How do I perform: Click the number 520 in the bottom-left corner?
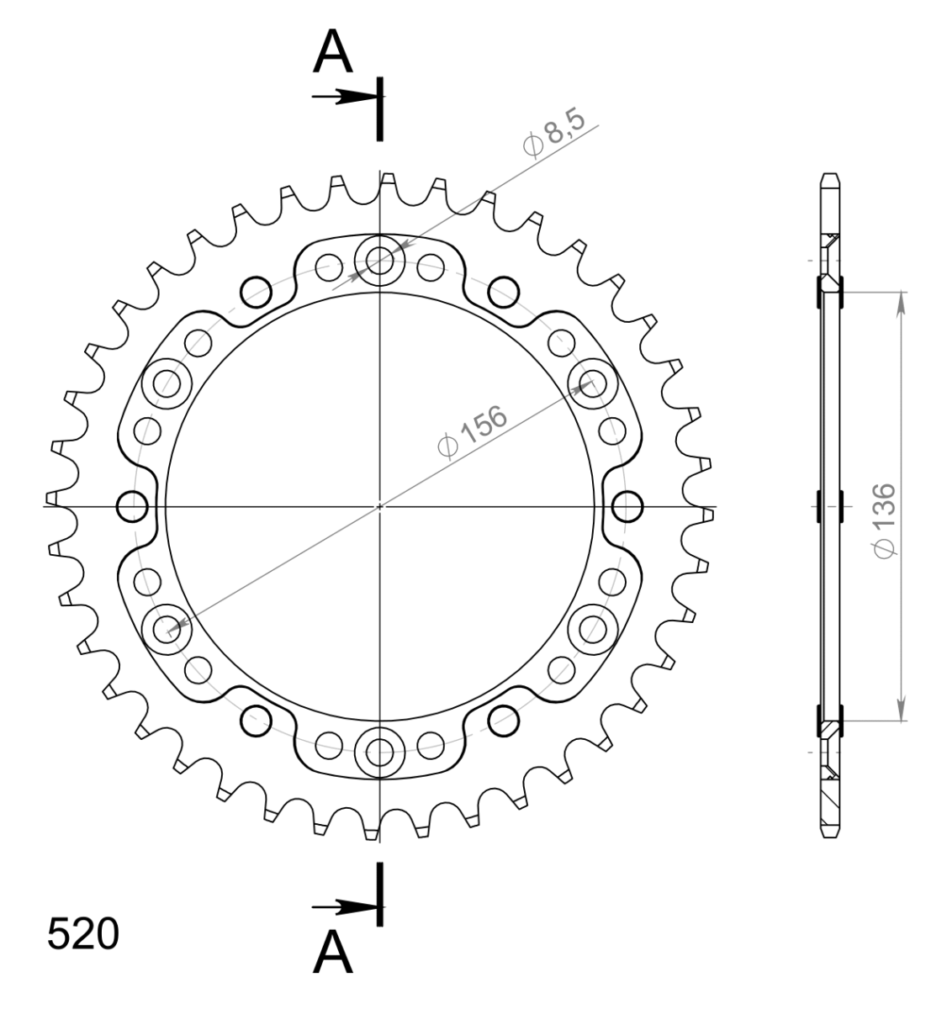[82, 934]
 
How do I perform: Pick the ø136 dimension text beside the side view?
[886, 520]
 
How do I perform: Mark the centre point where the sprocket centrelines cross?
[380, 506]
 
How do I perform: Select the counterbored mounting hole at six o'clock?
[380, 750]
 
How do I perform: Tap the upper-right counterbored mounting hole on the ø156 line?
[592, 383]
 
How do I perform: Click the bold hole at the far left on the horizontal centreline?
[133, 506]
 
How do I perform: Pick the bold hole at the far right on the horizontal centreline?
[627, 506]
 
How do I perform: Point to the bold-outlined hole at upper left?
[256, 292]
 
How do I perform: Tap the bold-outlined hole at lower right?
[504, 719]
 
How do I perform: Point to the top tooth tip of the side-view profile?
[829, 177]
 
